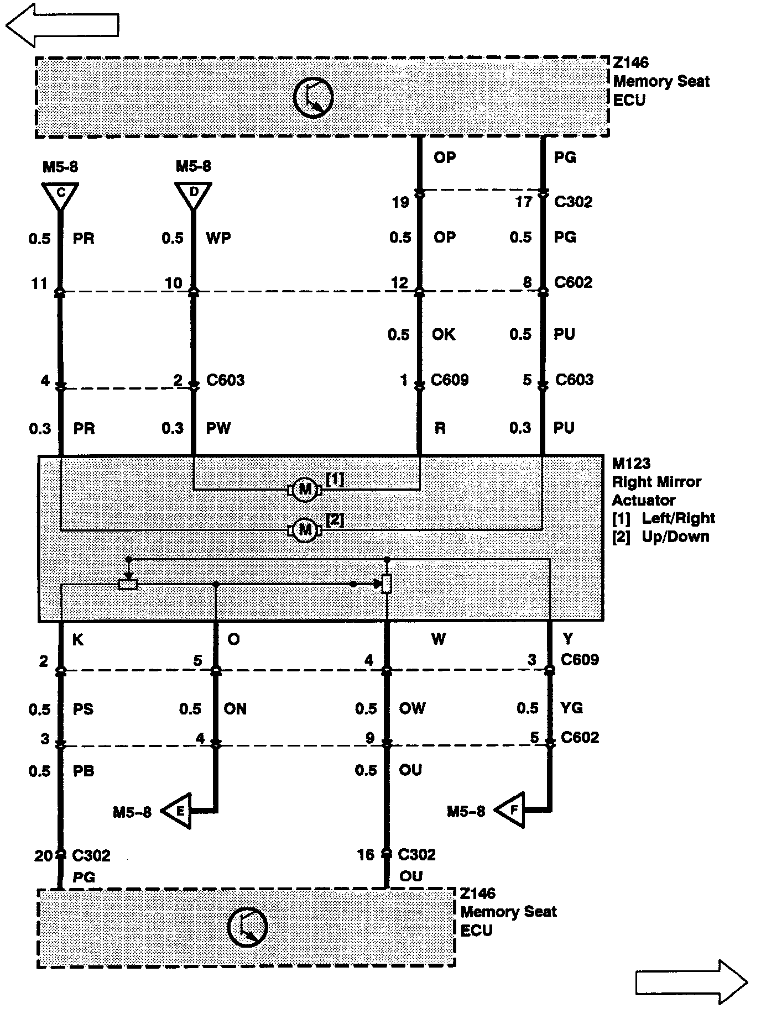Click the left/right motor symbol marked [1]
(x=304, y=489)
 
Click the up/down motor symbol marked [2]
(x=304, y=530)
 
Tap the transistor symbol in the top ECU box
(x=313, y=98)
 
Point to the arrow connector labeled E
(x=178, y=811)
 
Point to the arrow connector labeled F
(x=510, y=811)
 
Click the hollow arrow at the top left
(x=62, y=25)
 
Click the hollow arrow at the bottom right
(x=691, y=982)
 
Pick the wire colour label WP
(x=218, y=238)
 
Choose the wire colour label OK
(x=444, y=334)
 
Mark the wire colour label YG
(x=571, y=708)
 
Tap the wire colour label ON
(x=235, y=709)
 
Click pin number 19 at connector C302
(x=400, y=202)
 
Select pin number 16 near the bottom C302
(x=366, y=855)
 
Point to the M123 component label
(x=631, y=463)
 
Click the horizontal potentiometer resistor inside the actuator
(x=128, y=584)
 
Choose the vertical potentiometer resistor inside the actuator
(x=387, y=584)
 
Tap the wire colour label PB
(x=84, y=771)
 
